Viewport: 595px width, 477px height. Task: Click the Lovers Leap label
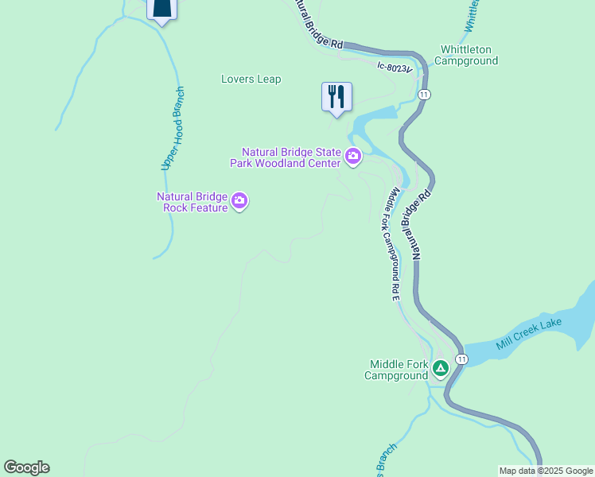click(x=251, y=79)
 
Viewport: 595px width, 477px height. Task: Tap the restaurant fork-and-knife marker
click(x=336, y=97)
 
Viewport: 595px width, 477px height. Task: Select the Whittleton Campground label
click(x=466, y=55)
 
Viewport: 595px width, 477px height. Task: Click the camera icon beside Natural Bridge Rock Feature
click(x=239, y=203)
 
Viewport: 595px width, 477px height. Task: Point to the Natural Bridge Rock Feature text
click(x=193, y=202)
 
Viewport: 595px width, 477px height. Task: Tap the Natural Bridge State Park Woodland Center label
click(x=291, y=157)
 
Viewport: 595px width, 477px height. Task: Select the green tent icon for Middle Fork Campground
click(x=440, y=368)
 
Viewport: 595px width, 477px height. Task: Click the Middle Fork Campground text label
click(x=398, y=370)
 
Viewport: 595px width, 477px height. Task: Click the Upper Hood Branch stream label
click(x=173, y=128)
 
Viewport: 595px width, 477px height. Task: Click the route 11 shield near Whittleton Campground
click(x=425, y=95)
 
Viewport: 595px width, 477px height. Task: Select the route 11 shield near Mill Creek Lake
click(x=461, y=360)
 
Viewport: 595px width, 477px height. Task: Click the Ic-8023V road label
click(x=395, y=68)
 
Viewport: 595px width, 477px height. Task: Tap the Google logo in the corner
click(x=26, y=467)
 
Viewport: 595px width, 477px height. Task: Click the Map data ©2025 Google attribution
click(x=546, y=471)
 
